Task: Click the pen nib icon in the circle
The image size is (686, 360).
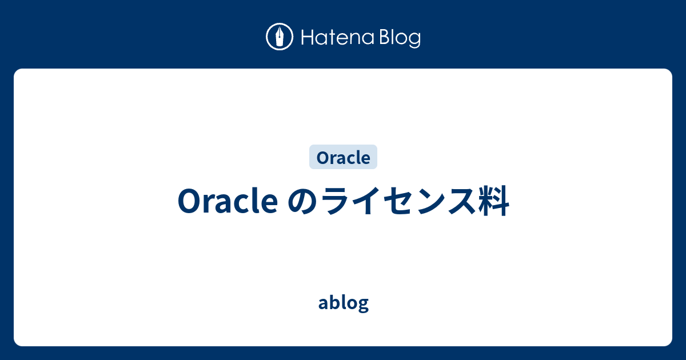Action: click(x=280, y=37)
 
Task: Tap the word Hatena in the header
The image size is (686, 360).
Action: click(x=338, y=37)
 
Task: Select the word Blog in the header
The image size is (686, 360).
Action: click(x=400, y=38)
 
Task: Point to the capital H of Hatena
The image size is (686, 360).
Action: click(x=308, y=37)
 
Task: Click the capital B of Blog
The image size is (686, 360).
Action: click(x=385, y=37)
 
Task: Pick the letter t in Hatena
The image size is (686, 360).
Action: click(x=332, y=38)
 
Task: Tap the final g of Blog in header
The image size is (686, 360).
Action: click(x=415, y=41)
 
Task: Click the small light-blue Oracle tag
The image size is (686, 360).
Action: click(x=344, y=157)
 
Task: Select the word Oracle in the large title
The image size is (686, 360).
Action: click(x=228, y=201)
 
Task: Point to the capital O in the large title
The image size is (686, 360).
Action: click(x=189, y=201)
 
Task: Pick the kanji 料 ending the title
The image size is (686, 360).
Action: click(x=494, y=201)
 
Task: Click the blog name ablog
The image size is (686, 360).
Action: click(x=344, y=303)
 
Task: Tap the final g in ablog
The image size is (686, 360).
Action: click(x=363, y=305)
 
